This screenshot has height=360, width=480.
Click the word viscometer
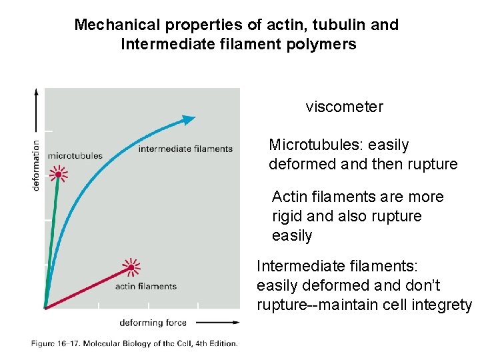coord(344,107)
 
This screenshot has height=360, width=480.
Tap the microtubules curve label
coord(76,155)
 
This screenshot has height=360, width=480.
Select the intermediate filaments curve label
coord(185,149)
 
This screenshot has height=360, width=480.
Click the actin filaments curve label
coord(146,286)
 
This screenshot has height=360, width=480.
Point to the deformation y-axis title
coord(36,164)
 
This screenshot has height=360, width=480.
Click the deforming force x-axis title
coord(153,323)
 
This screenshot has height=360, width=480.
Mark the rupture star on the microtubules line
coord(59,175)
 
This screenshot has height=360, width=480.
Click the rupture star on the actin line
coord(131,268)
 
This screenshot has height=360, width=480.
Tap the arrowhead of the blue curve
coord(189,119)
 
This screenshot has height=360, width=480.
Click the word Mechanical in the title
coord(116,25)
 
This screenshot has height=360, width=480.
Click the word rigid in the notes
coord(287,216)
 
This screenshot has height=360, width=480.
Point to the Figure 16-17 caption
coord(133,343)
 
